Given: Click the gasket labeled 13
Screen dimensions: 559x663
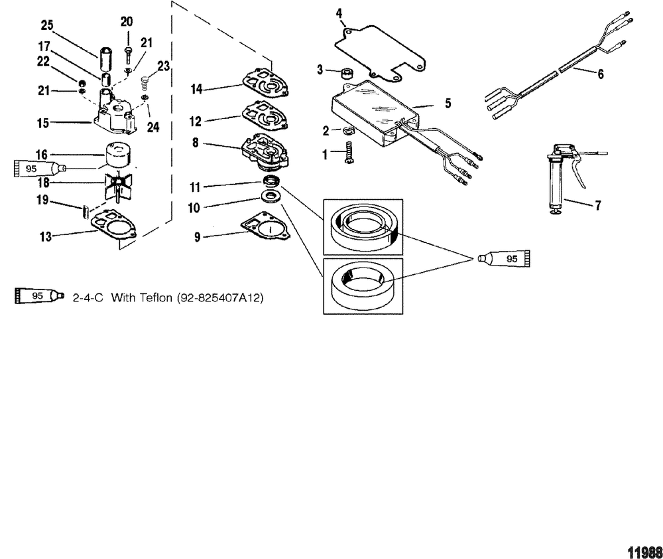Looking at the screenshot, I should tap(114, 229).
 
